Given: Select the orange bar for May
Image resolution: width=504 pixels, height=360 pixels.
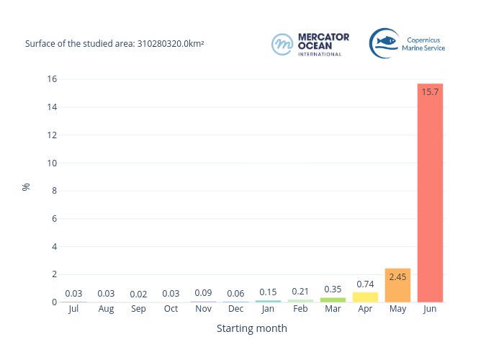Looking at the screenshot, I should pos(397,285).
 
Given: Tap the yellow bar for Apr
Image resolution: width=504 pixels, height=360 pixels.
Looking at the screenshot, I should pos(365,297).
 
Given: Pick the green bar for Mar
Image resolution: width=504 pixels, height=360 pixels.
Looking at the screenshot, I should pos(333,300).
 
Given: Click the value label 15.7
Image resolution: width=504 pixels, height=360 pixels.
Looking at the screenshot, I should pos(430,92).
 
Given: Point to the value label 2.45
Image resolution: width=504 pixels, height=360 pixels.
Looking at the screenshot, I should pos(397,276).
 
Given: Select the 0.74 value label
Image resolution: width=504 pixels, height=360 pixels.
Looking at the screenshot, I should pos(365,284).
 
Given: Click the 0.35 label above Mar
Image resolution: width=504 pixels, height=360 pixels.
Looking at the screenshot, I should pos(333,289).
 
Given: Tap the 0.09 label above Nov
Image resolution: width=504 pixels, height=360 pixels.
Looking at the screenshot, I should pos(203,293).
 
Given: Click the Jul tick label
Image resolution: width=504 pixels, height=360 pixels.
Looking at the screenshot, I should pos(73,309).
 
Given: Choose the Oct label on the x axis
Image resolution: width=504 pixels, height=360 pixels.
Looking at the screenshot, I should pos(171,309).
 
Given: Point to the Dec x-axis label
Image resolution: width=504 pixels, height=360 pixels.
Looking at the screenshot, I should pos(235,309).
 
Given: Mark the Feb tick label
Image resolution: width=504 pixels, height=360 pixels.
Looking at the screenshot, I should pos(300,309).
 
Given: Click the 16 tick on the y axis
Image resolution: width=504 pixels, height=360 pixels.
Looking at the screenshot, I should pos(52,79).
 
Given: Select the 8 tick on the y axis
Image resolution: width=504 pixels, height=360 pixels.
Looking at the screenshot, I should pos(54,191).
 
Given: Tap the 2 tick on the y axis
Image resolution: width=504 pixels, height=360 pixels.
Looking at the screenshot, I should pos(54,274).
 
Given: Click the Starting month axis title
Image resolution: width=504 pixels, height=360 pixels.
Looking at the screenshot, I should pos(252,328).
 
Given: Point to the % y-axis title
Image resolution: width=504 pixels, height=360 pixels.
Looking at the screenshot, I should pos(26,186).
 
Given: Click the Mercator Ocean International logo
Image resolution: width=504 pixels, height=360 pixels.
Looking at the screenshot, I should pos(310,44).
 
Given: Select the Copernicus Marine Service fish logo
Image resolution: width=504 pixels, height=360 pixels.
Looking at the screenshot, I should pos(384,42).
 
